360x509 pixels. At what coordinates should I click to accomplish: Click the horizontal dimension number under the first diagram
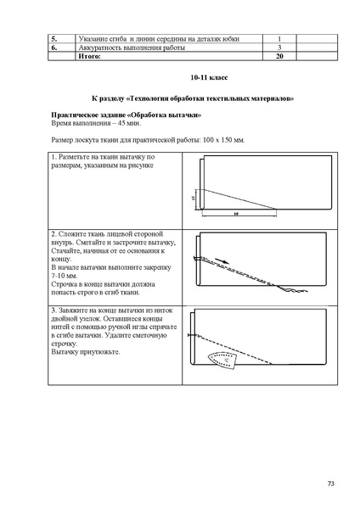click(235, 214)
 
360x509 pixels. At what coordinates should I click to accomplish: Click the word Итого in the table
click(87, 56)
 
